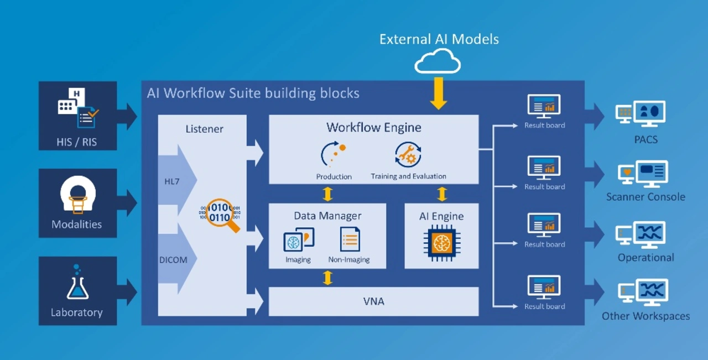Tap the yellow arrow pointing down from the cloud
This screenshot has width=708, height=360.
click(x=439, y=92)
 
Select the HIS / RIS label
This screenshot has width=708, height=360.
click(x=76, y=142)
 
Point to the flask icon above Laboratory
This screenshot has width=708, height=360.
click(x=77, y=284)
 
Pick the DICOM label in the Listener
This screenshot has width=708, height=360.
click(x=173, y=259)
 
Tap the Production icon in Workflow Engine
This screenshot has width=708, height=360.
click(x=333, y=155)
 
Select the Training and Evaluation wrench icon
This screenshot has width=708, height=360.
click(x=408, y=155)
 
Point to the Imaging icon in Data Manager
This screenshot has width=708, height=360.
click(x=298, y=240)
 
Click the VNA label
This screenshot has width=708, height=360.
click(x=373, y=301)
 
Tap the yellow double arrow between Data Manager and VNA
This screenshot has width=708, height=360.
click(x=327, y=278)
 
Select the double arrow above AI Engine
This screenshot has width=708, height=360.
click(x=442, y=194)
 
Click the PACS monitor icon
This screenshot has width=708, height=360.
click(x=641, y=114)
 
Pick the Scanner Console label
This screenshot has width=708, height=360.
click(x=645, y=197)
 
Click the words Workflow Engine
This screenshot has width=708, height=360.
click(x=373, y=128)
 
